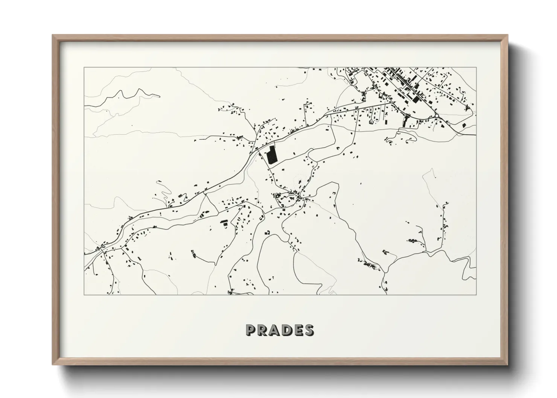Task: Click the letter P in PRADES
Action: point(251,330)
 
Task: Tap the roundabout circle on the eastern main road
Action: point(437,115)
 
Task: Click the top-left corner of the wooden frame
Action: point(53,35)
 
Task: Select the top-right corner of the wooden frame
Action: point(508,35)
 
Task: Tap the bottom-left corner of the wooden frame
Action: point(53,365)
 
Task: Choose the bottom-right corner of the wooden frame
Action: point(508,365)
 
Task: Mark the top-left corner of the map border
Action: point(84,67)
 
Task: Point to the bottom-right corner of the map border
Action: point(476,295)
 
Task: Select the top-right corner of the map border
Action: point(476,67)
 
